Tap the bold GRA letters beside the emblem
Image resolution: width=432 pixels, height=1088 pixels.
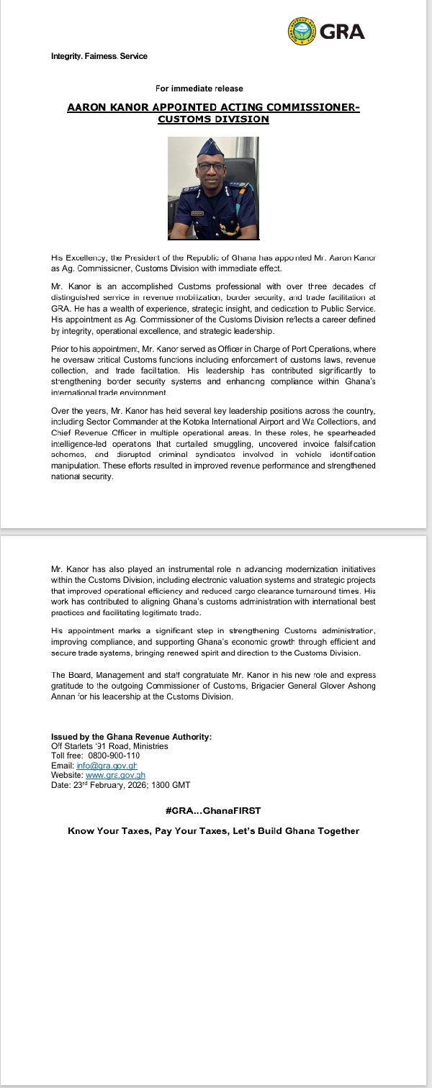342,32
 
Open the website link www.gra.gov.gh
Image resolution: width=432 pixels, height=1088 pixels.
116,775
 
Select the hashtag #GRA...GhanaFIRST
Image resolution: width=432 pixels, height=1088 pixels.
213,810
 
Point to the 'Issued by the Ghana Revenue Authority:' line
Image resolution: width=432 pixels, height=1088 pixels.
131,736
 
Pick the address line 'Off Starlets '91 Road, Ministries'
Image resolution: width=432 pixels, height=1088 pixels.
109,746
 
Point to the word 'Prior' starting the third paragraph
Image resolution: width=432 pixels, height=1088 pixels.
60,348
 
